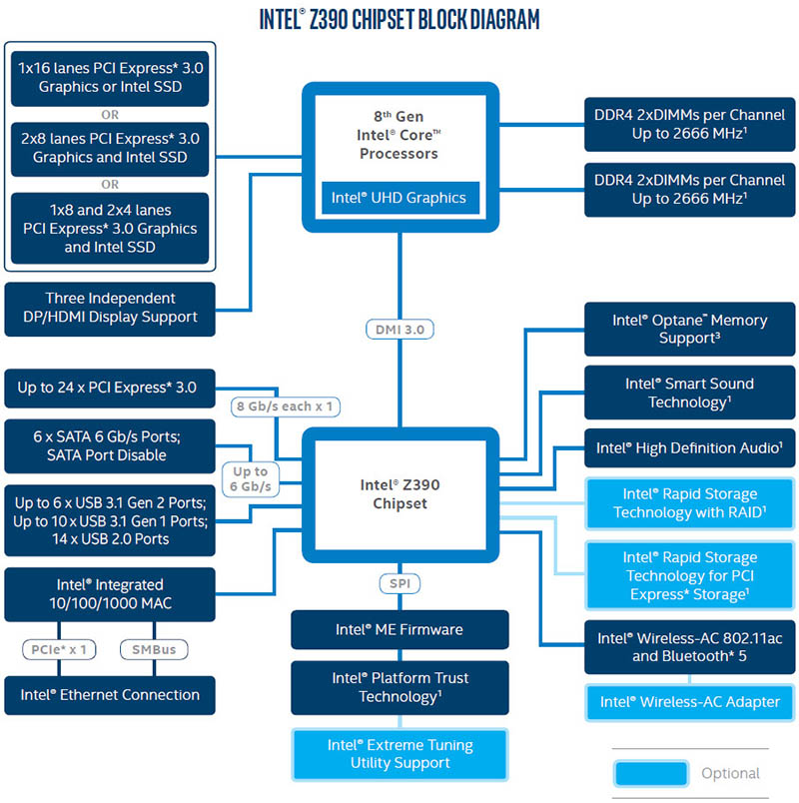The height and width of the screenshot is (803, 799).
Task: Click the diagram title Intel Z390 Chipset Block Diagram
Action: click(x=399, y=19)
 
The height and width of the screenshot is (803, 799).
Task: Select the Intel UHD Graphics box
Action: click(x=399, y=198)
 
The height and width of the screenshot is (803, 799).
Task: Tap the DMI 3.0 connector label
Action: click(x=399, y=329)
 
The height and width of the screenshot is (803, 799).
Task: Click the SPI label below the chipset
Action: click(x=399, y=582)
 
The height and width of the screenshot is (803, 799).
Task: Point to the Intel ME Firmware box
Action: click(x=399, y=630)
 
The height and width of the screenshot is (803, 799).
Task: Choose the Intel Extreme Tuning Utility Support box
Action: click(x=399, y=754)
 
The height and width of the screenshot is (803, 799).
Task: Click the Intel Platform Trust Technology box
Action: click(x=399, y=687)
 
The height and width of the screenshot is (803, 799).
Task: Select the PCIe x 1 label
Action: click(x=61, y=650)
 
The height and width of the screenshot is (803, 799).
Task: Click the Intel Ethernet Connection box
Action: click(x=110, y=695)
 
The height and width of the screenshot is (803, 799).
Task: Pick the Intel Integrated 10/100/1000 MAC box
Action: click(x=110, y=594)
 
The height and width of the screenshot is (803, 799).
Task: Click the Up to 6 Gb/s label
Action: click(x=250, y=478)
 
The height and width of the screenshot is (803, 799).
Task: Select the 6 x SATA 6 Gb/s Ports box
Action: click(x=110, y=446)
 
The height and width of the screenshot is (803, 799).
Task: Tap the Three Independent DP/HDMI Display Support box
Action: click(x=110, y=308)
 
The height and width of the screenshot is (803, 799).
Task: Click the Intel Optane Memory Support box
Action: click(x=690, y=330)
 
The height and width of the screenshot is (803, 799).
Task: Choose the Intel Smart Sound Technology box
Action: click(x=690, y=393)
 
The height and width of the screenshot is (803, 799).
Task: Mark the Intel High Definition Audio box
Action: click(x=690, y=448)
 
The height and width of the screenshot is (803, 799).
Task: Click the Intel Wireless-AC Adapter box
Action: click(x=690, y=701)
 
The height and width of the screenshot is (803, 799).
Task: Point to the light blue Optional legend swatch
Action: click(x=651, y=773)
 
